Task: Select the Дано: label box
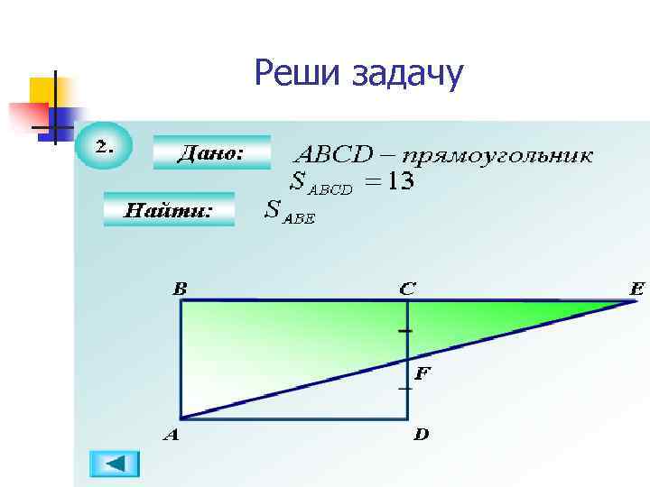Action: tap(211, 152)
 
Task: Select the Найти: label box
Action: tap(169, 209)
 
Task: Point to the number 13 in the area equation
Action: tap(398, 181)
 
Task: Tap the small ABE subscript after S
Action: tap(300, 219)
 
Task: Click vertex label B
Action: tap(181, 289)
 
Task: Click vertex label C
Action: tap(408, 289)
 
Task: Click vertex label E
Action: tap(637, 289)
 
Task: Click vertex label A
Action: tap(170, 435)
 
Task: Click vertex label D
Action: tap(421, 435)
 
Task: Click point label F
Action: tap(422, 371)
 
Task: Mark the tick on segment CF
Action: tap(406, 332)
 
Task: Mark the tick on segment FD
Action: tap(406, 388)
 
